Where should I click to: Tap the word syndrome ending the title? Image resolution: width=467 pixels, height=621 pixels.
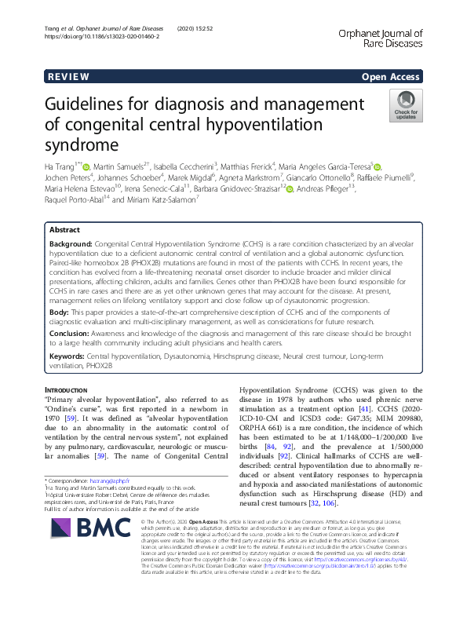coord(85,144)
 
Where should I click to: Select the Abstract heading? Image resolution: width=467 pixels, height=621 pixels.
coord(64,230)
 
